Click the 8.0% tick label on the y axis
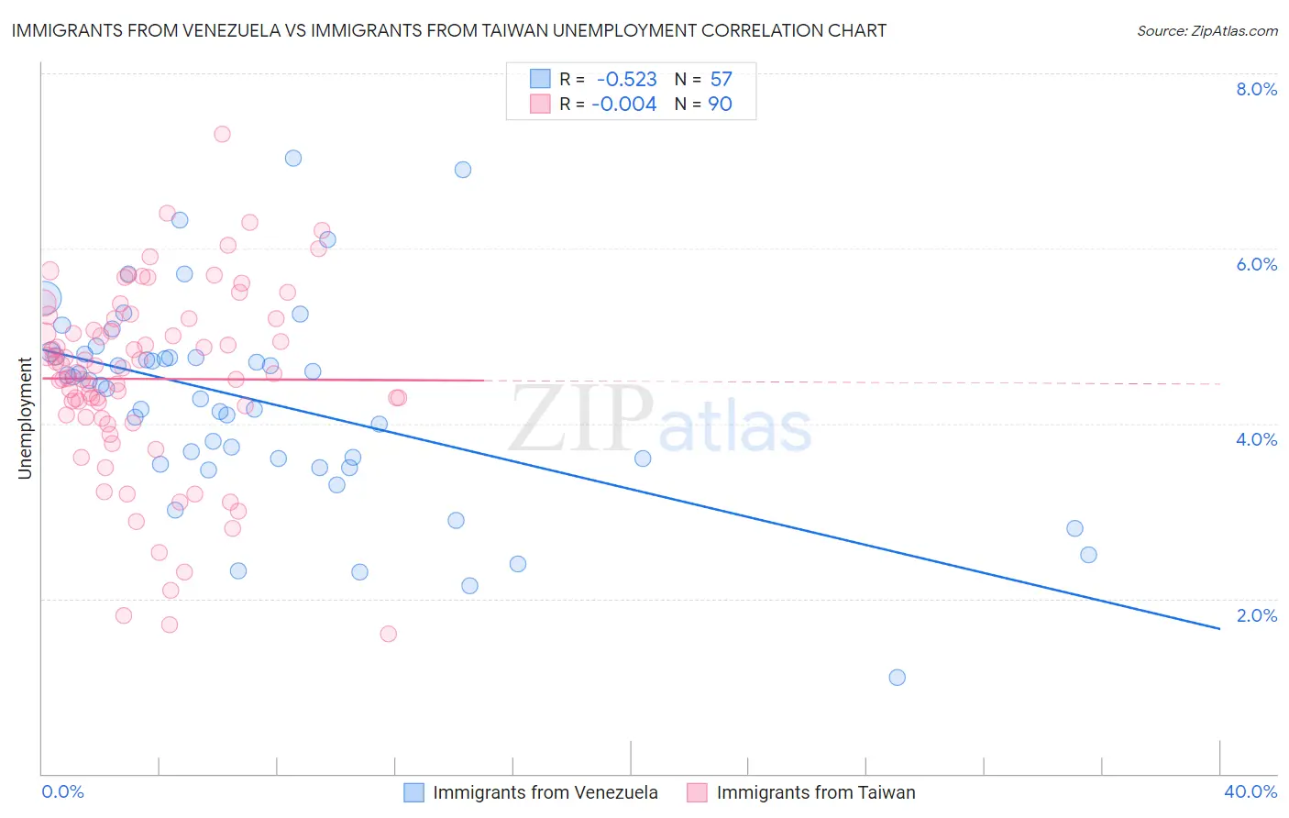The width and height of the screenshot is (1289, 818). [1256, 89]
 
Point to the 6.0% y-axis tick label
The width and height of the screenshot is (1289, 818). [1256, 264]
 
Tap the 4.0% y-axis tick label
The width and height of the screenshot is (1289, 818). [1256, 439]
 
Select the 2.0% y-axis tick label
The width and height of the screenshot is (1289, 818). [1256, 615]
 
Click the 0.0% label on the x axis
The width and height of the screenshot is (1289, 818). [62, 791]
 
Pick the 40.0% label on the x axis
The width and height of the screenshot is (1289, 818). [1250, 791]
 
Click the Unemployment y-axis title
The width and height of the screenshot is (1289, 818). [25, 418]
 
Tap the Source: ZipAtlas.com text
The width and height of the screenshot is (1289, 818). [1206, 31]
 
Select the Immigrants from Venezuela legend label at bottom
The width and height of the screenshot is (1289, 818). [545, 792]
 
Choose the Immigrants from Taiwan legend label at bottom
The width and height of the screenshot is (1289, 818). [815, 792]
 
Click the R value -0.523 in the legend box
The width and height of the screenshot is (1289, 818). [626, 80]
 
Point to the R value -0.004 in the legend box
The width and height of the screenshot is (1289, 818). [623, 105]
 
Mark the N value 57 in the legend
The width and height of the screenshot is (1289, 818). [721, 80]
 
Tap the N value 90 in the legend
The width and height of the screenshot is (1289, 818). [720, 105]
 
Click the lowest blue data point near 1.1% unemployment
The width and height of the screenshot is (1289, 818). [897, 678]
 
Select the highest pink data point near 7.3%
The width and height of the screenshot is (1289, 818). [222, 134]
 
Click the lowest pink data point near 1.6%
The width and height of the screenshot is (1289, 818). [388, 634]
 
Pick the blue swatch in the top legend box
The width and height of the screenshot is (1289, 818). [540, 79]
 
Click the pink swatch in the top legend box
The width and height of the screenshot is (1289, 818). [540, 104]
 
